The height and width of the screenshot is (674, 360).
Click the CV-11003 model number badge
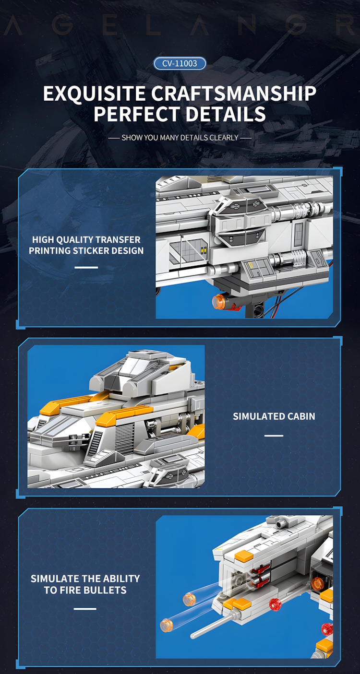(x=180, y=63)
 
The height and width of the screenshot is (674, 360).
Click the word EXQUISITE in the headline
(x=95, y=94)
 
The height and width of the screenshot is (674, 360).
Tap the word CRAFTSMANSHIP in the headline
(x=234, y=94)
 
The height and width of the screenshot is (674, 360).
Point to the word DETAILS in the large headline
(x=226, y=114)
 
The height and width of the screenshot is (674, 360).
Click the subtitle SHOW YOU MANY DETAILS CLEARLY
(x=180, y=138)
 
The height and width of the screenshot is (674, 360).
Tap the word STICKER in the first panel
(x=91, y=250)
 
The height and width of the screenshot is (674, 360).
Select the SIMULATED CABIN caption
(x=274, y=416)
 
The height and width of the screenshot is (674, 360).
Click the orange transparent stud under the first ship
(x=219, y=302)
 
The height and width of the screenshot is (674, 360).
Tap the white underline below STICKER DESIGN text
(x=86, y=267)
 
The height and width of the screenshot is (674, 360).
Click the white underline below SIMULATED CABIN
(x=274, y=436)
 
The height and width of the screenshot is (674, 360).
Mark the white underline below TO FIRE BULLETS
(x=85, y=608)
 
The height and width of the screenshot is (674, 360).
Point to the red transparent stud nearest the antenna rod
(x=275, y=604)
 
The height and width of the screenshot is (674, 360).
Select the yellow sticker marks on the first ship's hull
(x=204, y=249)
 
